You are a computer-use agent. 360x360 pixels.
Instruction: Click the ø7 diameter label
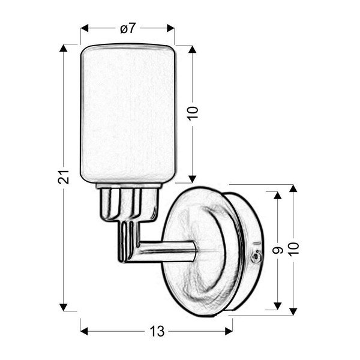pos(127,28)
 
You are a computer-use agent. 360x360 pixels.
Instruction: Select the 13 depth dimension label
pos(157,331)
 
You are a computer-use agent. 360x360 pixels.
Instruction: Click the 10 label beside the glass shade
pos(192,113)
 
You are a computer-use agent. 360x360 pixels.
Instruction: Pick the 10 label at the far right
pos(293,248)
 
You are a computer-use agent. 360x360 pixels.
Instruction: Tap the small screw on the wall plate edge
pos(257,256)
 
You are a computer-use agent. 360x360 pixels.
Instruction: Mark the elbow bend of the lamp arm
pos(127,252)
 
